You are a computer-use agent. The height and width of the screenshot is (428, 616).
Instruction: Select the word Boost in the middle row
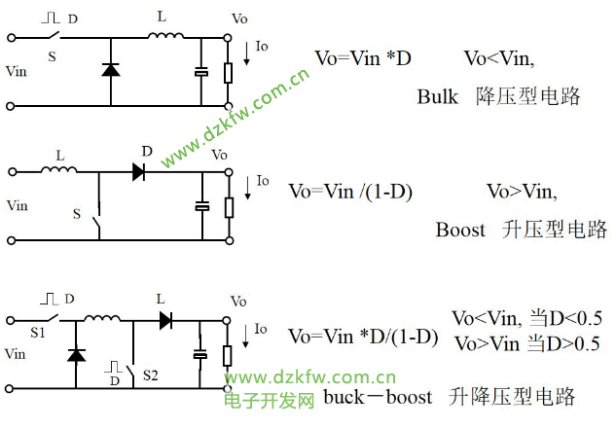tap(460, 230)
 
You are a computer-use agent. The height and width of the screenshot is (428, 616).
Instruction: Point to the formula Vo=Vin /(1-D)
tap(350, 192)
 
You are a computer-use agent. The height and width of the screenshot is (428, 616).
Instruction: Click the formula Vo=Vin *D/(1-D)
tap(363, 336)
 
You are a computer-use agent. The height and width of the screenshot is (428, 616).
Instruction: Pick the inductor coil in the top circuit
tap(166, 38)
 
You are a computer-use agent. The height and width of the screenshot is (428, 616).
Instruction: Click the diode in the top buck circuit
tap(110, 70)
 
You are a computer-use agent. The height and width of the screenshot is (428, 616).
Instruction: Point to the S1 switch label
tap(38, 332)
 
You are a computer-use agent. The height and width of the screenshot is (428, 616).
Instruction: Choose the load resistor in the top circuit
tap(229, 72)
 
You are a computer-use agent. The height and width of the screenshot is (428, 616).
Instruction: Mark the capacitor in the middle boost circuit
tap(201, 205)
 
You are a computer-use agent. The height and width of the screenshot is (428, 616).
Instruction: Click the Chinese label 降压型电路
tap(528, 96)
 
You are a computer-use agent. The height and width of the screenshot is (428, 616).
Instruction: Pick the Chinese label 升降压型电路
tap(512, 397)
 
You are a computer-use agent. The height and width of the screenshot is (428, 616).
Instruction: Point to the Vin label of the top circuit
tap(17, 71)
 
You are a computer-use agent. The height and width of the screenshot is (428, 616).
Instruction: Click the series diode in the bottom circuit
tap(165, 318)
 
